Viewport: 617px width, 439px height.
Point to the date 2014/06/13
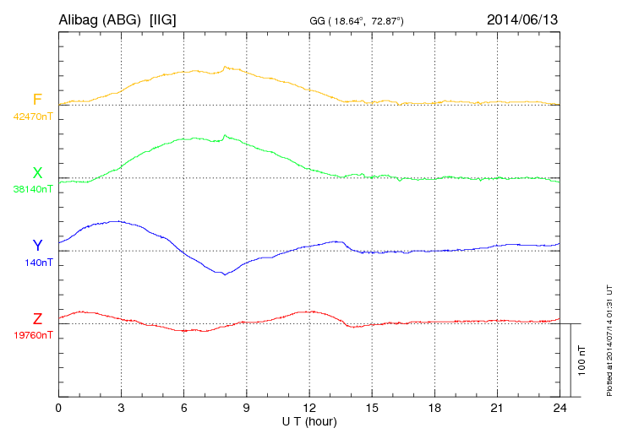pyautogui.click(x=522, y=19)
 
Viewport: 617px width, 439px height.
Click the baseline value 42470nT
pyautogui.click(x=32, y=117)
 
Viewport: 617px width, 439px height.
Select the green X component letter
pyautogui.click(x=37, y=173)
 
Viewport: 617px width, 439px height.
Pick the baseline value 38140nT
pyautogui.click(x=32, y=189)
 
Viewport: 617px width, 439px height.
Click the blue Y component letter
pyautogui.click(x=37, y=246)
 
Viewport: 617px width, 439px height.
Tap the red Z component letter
pyautogui.click(x=37, y=318)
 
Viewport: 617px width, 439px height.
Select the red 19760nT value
pyautogui.click(x=32, y=334)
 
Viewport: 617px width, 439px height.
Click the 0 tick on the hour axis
pyautogui.click(x=58, y=408)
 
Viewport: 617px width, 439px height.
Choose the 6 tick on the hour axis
pyautogui.click(x=183, y=408)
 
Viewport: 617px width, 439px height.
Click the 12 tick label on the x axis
pyautogui.click(x=309, y=408)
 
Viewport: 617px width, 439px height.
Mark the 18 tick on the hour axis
pyautogui.click(x=434, y=408)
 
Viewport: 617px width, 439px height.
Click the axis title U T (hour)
pyautogui.click(x=309, y=420)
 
